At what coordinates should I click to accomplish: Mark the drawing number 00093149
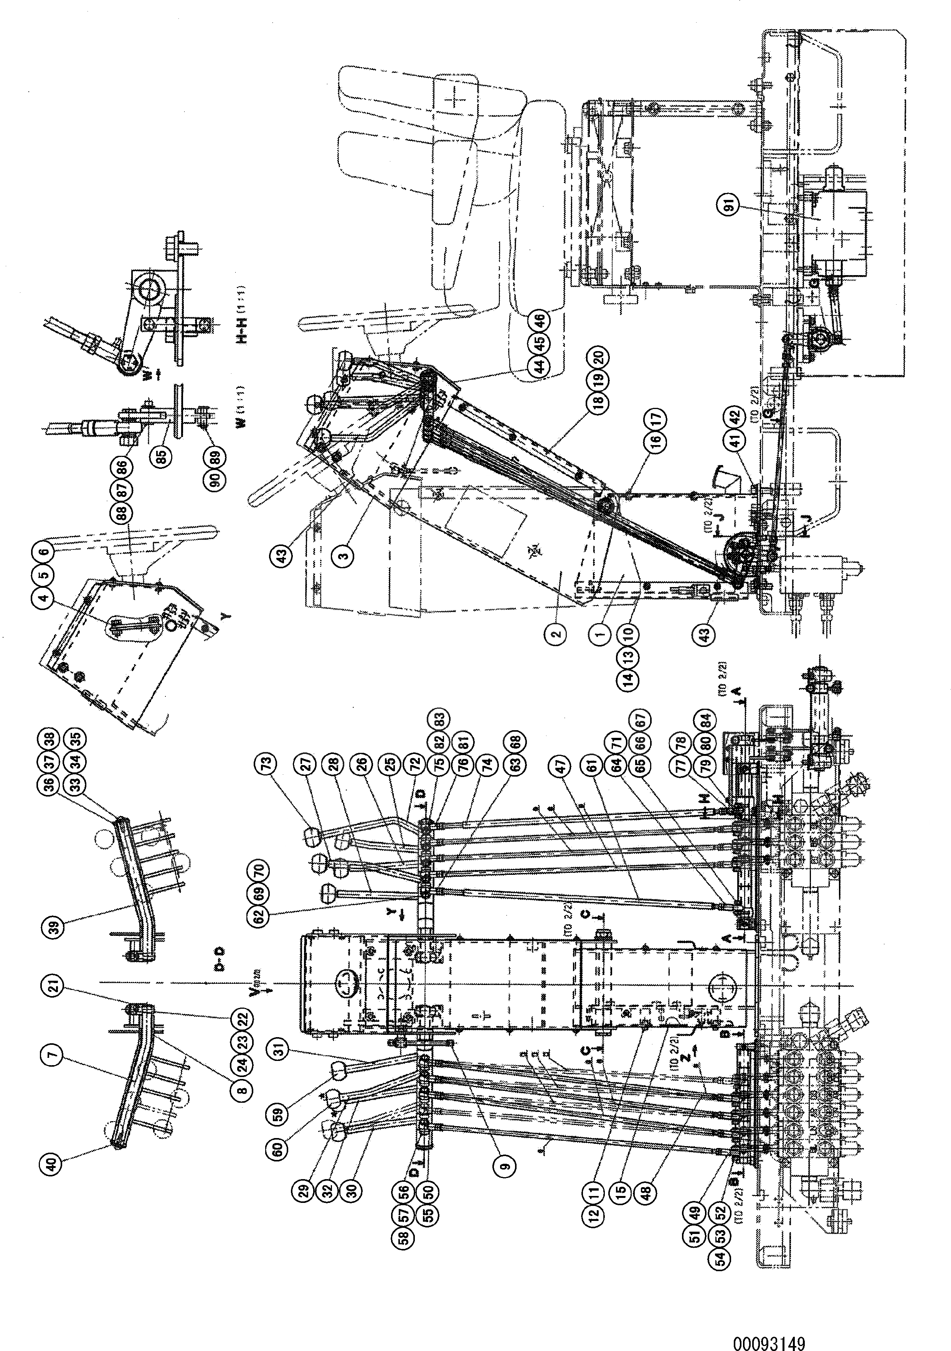[768, 1327]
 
